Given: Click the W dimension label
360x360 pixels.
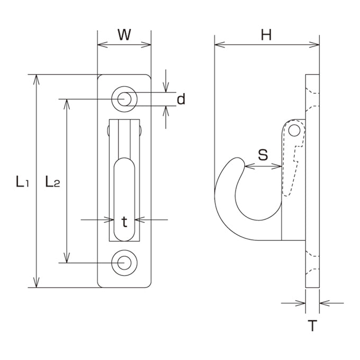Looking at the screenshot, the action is point(124,35).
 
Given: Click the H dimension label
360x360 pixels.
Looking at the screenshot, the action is point(266,35).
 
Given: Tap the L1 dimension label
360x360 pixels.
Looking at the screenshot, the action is point(22,182).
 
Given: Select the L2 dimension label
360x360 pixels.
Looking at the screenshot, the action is point(52,182).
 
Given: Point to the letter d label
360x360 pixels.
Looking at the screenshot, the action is point(181,99).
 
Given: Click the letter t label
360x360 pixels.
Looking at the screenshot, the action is point(124,222).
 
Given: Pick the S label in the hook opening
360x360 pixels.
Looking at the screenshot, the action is point(263,155).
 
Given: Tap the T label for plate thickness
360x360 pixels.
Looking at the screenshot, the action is point(312,326).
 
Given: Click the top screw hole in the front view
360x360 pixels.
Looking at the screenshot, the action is point(124,99).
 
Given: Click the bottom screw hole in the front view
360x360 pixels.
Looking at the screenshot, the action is point(124,263).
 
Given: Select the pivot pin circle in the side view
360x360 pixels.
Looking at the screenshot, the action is point(294,131).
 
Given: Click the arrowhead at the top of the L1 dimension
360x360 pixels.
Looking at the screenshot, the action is point(37,79).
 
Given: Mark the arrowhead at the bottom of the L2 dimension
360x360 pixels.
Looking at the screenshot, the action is point(67,258).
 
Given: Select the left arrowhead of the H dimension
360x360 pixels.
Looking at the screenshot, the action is point(220,44).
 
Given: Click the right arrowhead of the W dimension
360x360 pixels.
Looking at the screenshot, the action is point(146,44).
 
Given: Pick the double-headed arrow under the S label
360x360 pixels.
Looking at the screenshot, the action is point(263,166).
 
